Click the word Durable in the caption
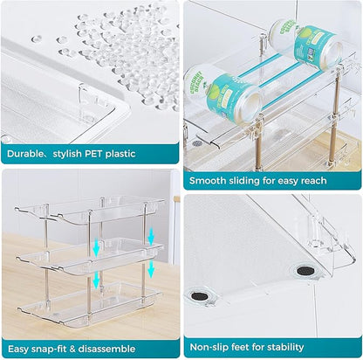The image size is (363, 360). (25, 154)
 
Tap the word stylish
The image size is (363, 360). (67, 154)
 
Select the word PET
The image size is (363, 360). (93, 154)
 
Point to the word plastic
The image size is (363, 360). (120, 154)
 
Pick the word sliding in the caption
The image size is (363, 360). (241, 181)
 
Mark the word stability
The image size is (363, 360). (285, 347)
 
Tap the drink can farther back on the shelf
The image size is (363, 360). (305, 42)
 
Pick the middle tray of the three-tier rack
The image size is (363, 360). (90, 255)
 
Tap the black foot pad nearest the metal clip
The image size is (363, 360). (305, 271)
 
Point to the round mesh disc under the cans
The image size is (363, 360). (197, 143)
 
